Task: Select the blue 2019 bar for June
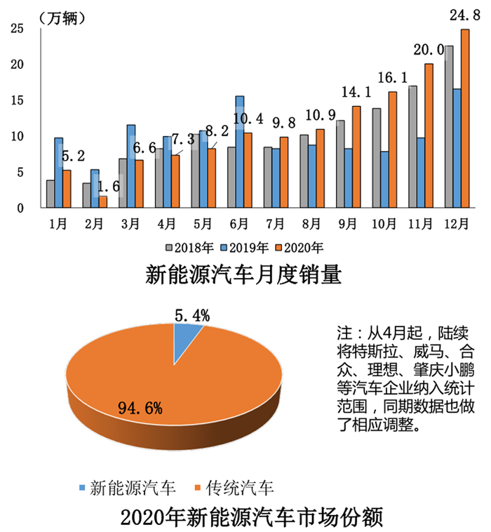239,151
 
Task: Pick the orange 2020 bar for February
103,201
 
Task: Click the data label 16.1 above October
390,77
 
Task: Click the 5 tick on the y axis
20,172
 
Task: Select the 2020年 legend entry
300,247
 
